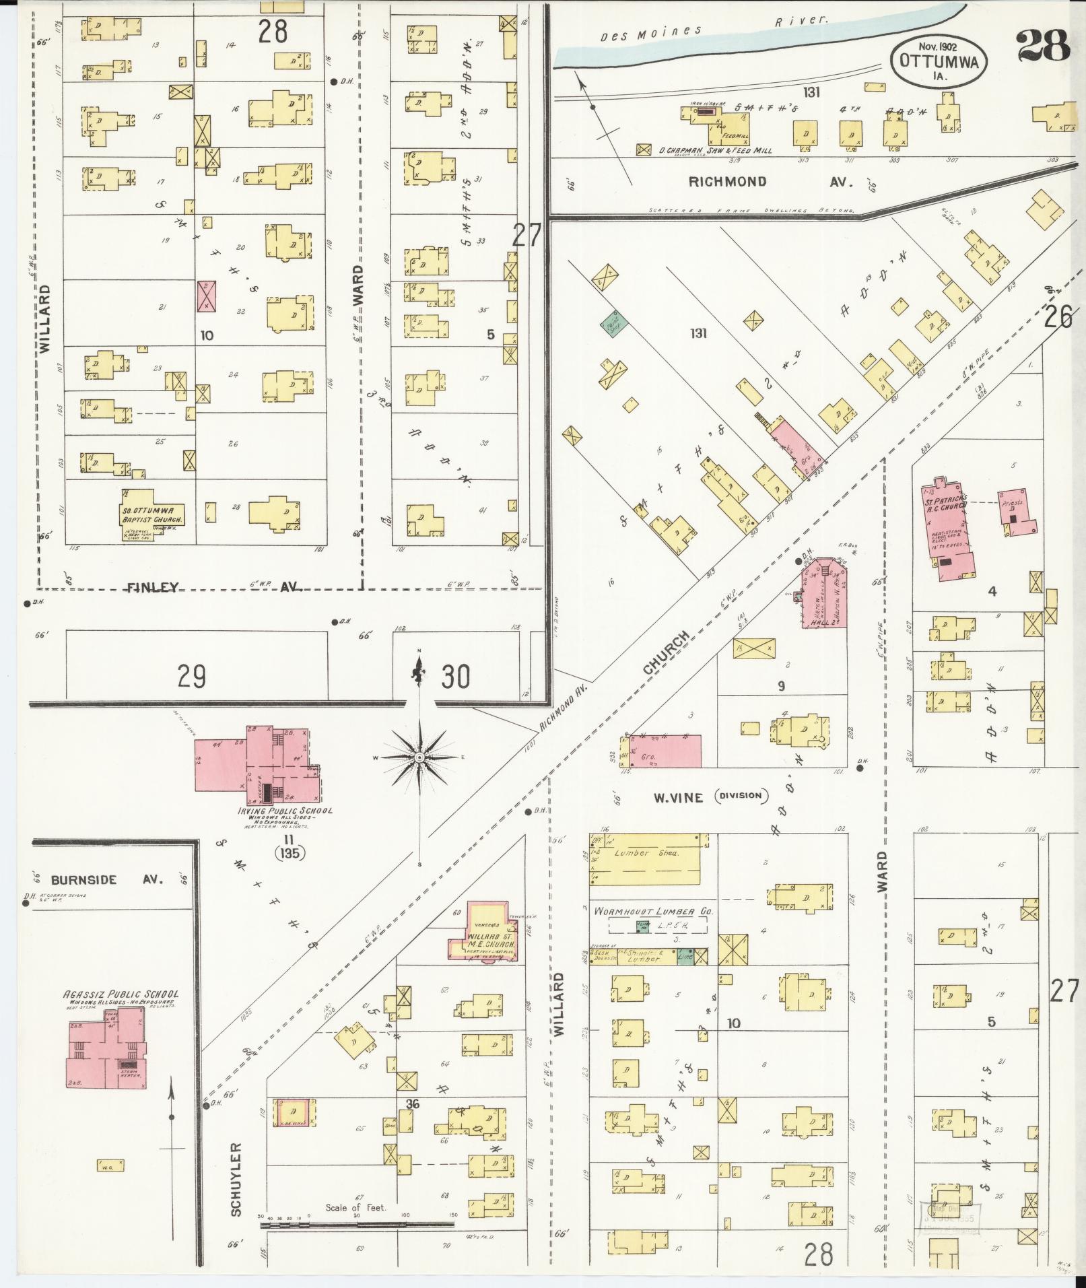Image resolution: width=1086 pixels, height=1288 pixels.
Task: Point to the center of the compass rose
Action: click(x=419, y=757)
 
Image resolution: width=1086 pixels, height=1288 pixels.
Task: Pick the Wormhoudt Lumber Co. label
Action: click(x=652, y=912)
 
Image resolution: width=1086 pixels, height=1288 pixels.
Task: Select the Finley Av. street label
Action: click(x=212, y=588)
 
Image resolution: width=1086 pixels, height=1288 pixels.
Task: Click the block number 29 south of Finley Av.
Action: click(x=191, y=676)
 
